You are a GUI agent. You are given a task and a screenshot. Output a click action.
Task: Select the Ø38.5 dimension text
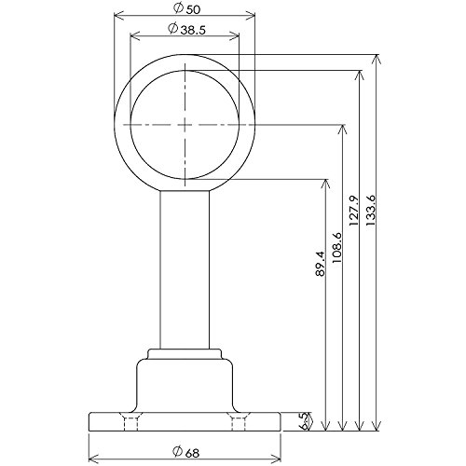click(186, 29)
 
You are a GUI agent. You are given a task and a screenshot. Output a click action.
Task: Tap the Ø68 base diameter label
click(185, 452)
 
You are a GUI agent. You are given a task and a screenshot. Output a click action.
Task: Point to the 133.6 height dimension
click(371, 211)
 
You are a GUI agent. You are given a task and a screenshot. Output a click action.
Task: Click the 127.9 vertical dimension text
click(353, 211)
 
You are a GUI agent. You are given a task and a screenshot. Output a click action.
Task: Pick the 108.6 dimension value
click(336, 248)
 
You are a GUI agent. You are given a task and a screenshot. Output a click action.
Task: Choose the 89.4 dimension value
click(320, 264)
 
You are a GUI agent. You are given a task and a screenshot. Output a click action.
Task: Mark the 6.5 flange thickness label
click(305, 421)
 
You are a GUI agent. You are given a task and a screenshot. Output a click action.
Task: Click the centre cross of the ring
click(185, 125)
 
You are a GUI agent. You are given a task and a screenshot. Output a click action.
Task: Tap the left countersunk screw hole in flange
click(130, 421)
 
